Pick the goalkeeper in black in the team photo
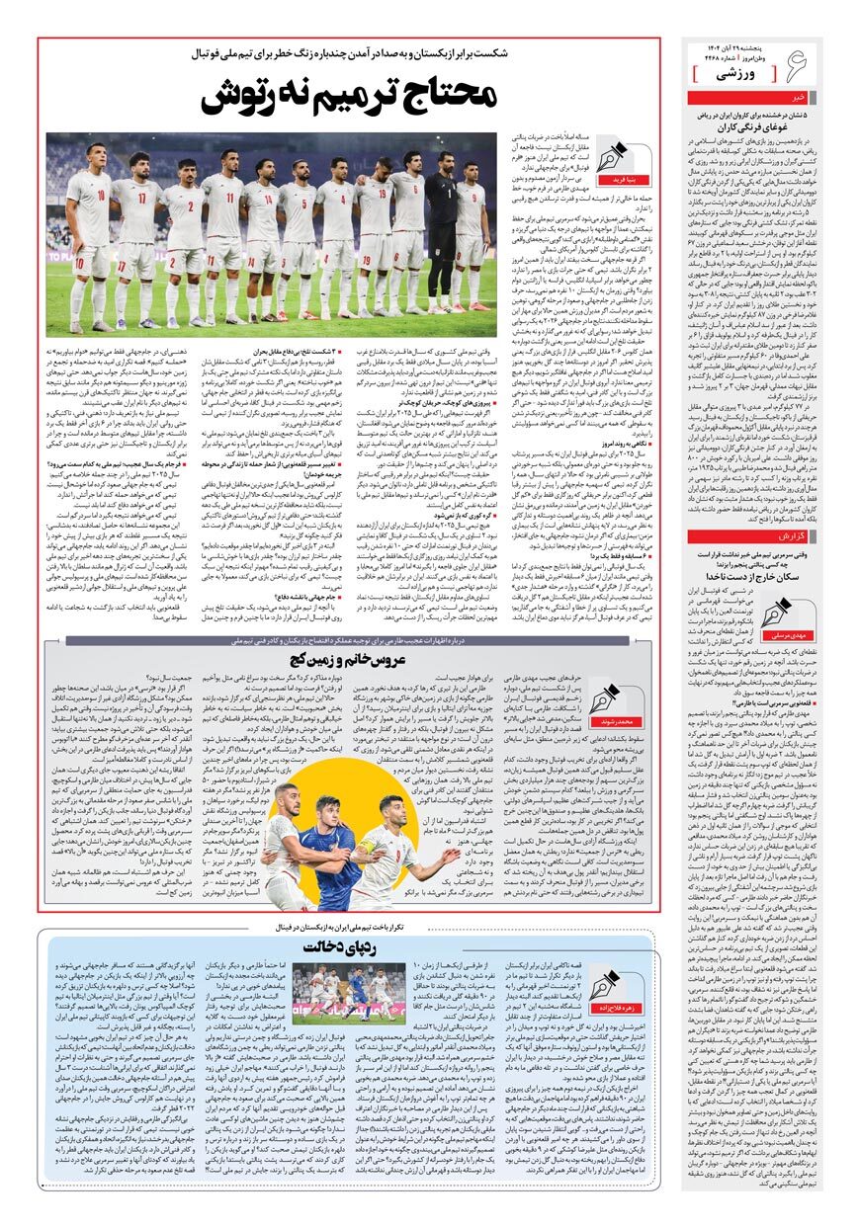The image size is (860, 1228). (x=447, y=227)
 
